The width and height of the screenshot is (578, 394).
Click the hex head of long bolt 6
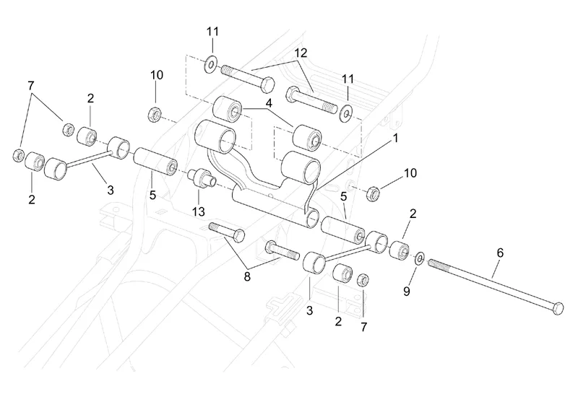point(557,309)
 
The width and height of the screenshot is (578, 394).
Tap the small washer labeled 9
point(419,257)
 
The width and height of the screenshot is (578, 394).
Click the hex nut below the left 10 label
point(155,113)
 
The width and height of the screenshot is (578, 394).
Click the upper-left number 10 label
point(157,75)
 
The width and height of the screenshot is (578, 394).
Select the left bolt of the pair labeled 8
point(226,231)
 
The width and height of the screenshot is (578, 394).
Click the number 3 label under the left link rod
point(111,191)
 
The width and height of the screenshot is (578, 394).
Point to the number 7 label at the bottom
point(363,327)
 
